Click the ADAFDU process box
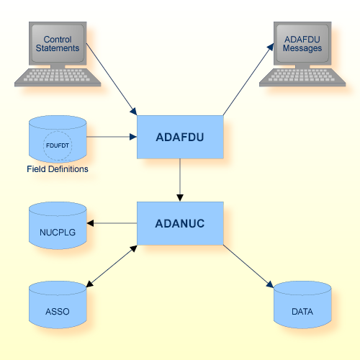click(x=180, y=136)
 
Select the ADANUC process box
click(x=180, y=223)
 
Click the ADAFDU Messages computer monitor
click(x=302, y=43)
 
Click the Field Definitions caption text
click(x=58, y=169)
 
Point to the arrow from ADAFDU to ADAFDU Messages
click(x=248, y=79)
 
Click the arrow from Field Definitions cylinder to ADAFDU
click(x=112, y=136)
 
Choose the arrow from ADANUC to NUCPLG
click(x=112, y=223)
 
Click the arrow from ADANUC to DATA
click(x=248, y=266)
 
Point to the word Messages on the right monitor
click(x=302, y=48)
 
